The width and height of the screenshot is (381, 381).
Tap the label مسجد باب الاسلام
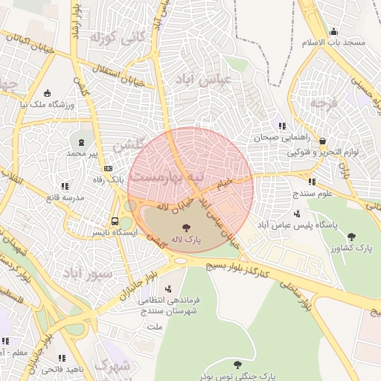(333, 42)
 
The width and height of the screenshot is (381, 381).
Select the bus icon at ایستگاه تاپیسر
(115, 221)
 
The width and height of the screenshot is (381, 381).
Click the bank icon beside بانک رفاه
(109, 168)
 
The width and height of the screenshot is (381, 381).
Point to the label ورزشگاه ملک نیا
(48, 105)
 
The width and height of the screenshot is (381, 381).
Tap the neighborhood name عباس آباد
(202, 77)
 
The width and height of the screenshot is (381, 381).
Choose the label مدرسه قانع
(65, 197)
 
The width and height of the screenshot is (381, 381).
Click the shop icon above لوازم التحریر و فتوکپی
(322, 140)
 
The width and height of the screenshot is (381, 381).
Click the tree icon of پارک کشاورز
(352, 235)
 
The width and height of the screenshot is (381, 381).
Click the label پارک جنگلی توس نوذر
(237, 377)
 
